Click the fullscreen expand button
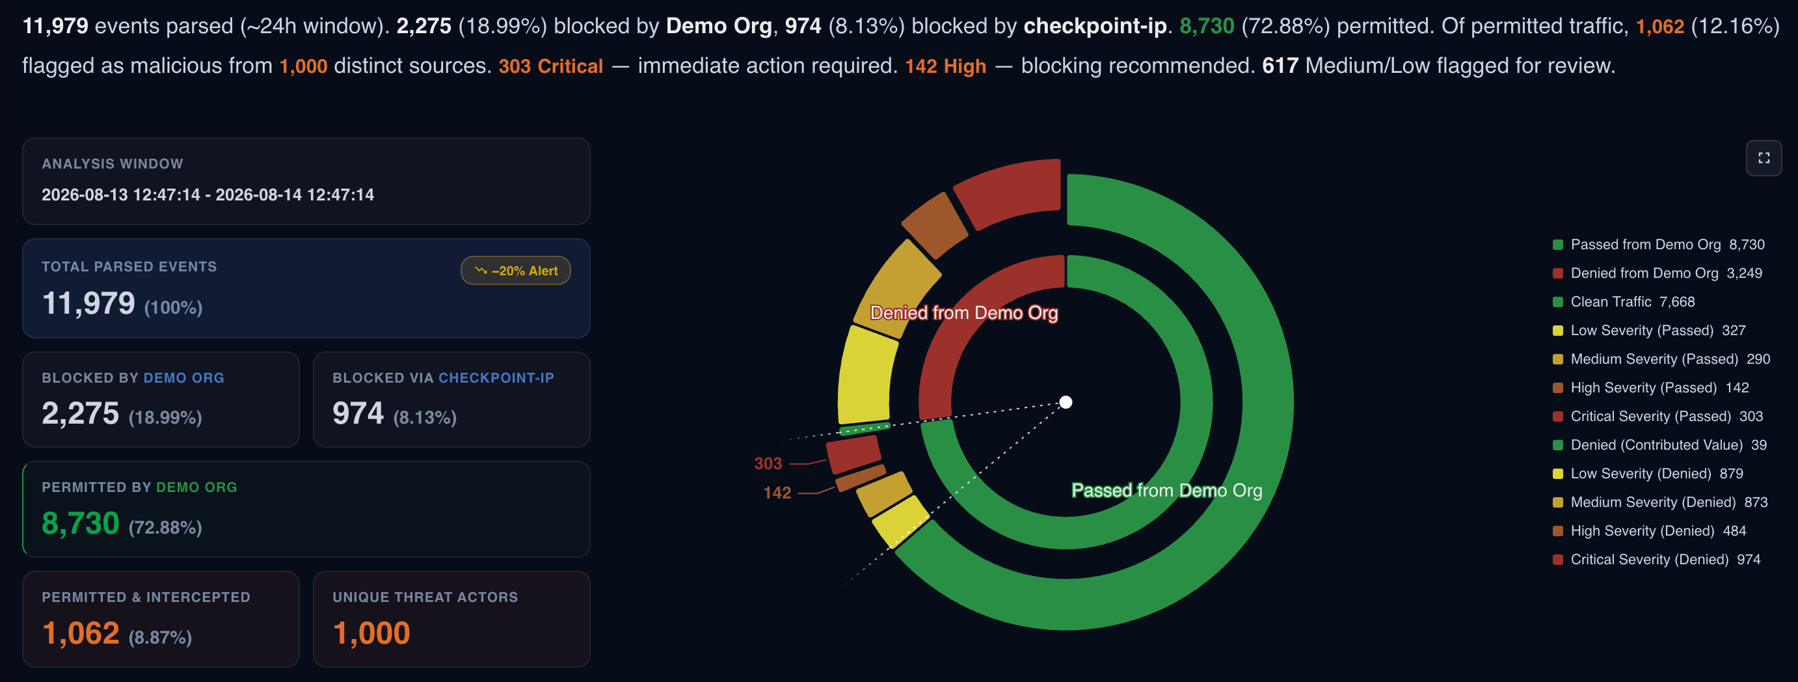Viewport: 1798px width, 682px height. [1763, 158]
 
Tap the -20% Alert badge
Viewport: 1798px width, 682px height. [516, 271]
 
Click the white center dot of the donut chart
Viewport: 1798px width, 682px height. [1066, 402]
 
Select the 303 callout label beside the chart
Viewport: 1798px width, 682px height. [768, 463]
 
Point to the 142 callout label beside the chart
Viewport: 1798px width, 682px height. [777, 493]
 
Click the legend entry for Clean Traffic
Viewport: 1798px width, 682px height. [1624, 301]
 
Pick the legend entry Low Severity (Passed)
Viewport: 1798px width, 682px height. [1648, 330]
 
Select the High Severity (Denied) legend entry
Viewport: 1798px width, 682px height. [1648, 530]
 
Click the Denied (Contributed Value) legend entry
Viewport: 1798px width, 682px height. [1659, 444]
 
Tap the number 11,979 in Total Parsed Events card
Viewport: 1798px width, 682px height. [88, 303]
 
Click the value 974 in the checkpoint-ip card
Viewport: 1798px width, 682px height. [358, 413]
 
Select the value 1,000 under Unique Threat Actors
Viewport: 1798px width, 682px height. [371, 633]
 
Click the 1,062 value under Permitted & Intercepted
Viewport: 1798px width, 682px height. [80, 633]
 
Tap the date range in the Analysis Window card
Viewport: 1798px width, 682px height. [208, 195]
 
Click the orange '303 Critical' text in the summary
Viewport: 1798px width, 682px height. [551, 66]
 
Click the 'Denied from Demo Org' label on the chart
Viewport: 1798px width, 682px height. [964, 313]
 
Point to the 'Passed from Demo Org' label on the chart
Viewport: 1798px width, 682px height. [1167, 490]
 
